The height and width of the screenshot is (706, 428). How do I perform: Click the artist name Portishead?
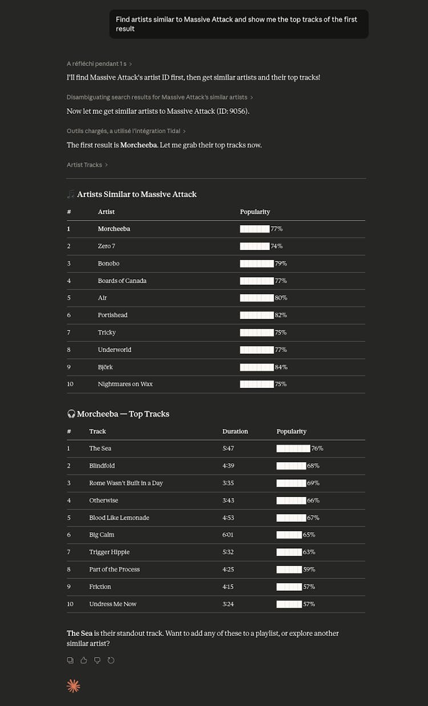click(x=112, y=315)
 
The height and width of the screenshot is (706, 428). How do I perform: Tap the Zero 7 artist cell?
click(x=106, y=246)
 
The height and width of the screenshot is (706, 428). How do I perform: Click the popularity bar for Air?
click(x=257, y=298)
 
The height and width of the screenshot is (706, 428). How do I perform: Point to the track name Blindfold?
click(x=102, y=466)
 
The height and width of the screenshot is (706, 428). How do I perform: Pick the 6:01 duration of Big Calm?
click(x=228, y=535)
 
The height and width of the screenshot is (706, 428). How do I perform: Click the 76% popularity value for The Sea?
click(x=317, y=448)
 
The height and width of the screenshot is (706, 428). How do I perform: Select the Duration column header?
click(x=235, y=431)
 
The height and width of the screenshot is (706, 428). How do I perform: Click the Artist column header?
click(x=106, y=212)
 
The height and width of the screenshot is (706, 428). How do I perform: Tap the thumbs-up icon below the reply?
click(x=84, y=660)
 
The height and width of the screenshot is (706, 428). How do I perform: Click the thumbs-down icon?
click(x=98, y=660)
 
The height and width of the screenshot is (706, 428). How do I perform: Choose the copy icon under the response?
click(x=70, y=660)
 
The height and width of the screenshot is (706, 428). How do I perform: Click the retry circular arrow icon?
click(x=111, y=660)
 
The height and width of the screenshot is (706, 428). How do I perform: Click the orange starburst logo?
click(x=74, y=686)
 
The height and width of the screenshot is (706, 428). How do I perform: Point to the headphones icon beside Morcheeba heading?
click(x=71, y=414)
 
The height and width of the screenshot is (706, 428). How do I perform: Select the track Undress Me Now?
click(x=112, y=604)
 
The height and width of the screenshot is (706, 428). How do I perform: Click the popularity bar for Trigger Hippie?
click(x=289, y=552)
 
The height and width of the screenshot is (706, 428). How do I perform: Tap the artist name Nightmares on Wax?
click(x=125, y=384)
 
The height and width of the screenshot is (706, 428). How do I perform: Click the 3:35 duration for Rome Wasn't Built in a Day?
click(x=228, y=483)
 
